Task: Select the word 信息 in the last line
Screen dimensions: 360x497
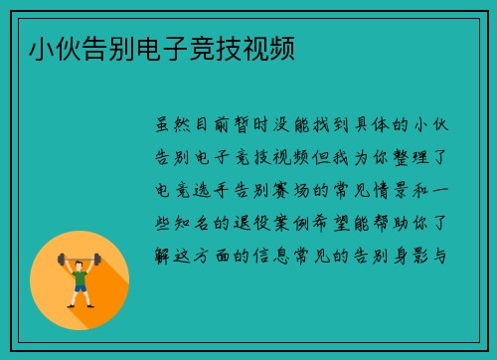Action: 295,256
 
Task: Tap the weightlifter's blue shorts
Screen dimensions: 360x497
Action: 80,288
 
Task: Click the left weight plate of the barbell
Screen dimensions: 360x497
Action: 62,260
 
